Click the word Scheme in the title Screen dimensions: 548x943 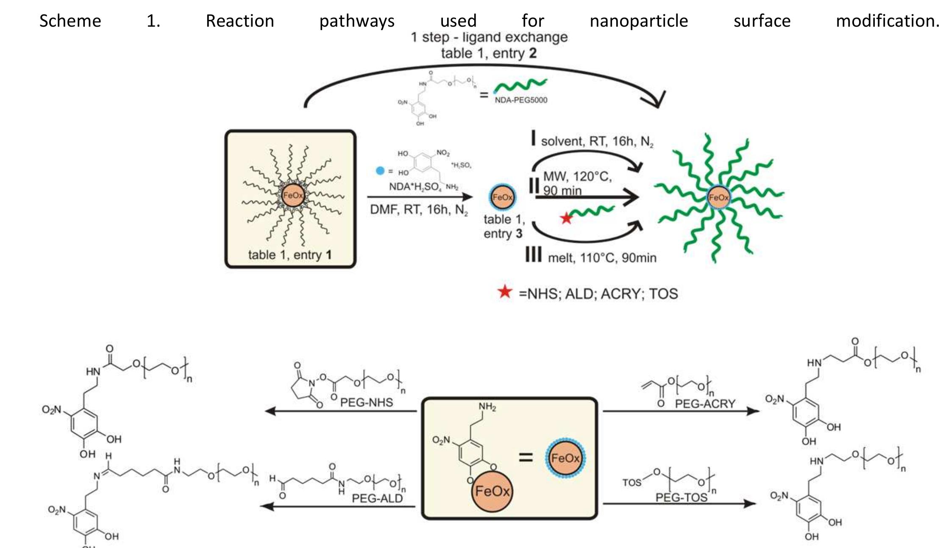[x=70, y=21]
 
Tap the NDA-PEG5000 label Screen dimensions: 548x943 [x=521, y=100]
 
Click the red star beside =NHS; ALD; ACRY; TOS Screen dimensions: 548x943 [x=505, y=292]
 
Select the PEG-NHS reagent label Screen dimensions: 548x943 [x=367, y=402]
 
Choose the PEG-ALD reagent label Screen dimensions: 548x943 [x=377, y=498]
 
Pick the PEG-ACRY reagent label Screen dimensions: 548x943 [x=705, y=404]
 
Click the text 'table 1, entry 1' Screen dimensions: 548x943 [x=290, y=255]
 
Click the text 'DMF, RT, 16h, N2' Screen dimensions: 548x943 [x=419, y=210]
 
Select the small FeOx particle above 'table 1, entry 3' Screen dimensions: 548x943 [x=502, y=197]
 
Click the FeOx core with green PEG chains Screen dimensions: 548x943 [x=718, y=197]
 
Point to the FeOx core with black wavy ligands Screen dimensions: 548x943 [x=292, y=195]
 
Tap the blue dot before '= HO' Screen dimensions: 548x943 [x=380, y=171]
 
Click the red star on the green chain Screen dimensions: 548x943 [x=566, y=219]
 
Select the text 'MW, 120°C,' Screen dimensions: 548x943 [x=577, y=177]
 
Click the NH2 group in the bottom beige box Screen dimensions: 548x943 [x=487, y=407]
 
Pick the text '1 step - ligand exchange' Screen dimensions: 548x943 [x=489, y=37]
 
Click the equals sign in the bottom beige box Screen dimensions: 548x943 [x=526, y=457]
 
